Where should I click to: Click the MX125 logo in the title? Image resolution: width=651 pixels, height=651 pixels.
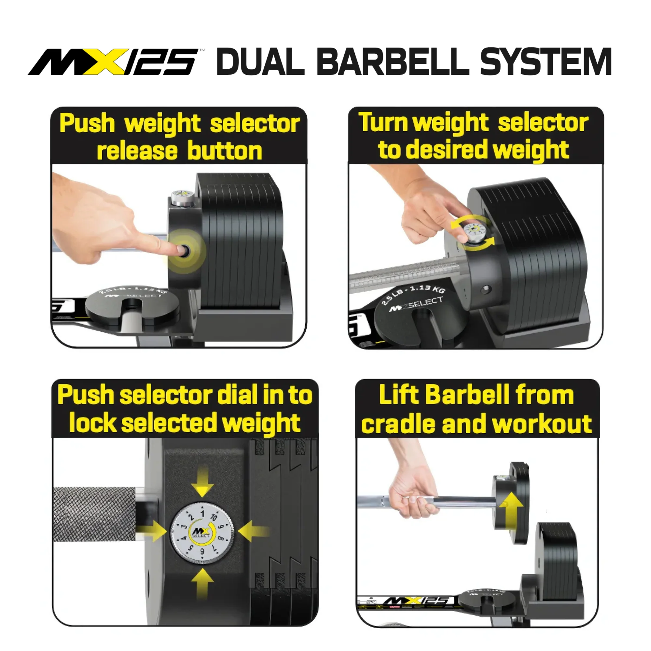tap(115, 62)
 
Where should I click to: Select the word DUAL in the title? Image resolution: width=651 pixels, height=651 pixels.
tap(260, 62)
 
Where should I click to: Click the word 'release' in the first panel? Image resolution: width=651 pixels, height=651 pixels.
tap(136, 151)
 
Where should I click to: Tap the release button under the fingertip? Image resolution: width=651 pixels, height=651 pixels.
tap(184, 250)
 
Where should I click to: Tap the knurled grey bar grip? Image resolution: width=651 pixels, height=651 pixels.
tap(94, 514)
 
